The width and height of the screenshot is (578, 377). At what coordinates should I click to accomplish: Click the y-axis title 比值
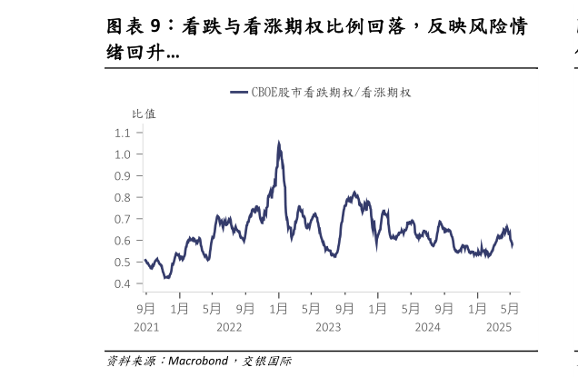point(144,114)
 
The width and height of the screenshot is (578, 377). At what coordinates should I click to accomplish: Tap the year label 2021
point(146,327)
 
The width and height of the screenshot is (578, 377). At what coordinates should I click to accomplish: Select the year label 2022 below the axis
point(228,327)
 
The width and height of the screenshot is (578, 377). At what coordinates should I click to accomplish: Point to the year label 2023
point(327,327)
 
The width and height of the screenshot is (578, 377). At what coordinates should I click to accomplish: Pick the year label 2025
point(500,327)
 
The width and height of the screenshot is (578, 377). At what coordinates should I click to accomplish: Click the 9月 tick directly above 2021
point(146,307)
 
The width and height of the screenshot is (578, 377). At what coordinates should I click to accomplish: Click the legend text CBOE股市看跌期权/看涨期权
point(332,93)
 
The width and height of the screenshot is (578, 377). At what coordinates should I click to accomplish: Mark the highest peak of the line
point(278,142)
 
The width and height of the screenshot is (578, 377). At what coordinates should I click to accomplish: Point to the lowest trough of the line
point(166,278)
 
